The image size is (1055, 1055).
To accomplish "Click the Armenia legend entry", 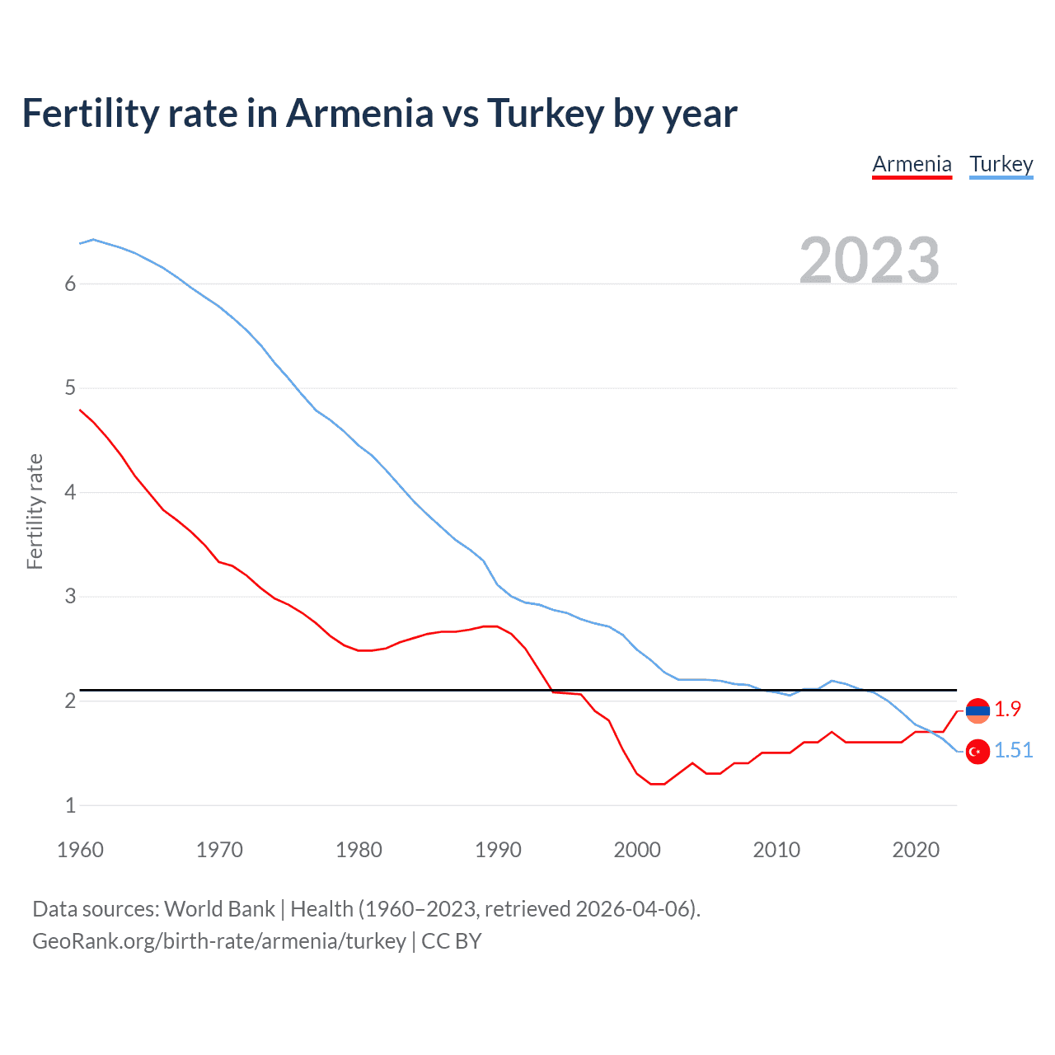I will [x=912, y=165].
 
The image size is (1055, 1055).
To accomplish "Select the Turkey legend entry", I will [x=1001, y=165].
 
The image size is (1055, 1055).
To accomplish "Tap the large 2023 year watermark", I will [x=870, y=260].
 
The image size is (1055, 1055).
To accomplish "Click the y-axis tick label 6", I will [x=70, y=284].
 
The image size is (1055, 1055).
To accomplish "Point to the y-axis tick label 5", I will [x=70, y=388].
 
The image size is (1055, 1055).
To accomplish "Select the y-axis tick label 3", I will [x=70, y=597].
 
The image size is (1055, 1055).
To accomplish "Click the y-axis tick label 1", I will [x=70, y=805].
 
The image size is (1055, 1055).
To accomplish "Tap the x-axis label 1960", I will [x=80, y=850].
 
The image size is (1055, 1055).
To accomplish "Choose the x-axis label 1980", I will [x=359, y=850].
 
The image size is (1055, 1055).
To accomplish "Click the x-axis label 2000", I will [x=637, y=850].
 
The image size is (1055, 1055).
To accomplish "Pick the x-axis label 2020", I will [x=916, y=850].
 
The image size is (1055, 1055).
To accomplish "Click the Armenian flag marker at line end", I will [x=978, y=710].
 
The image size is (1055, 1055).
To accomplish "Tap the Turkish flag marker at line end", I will [x=978, y=752].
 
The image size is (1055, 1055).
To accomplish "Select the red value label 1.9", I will [x=1007, y=709].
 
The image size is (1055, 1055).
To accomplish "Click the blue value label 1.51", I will [x=1013, y=750].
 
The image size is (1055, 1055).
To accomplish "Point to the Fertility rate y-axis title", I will [x=35, y=511].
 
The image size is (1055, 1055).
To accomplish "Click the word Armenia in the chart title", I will [x=359, y=114].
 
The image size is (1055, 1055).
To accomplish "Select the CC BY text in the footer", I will [x=451, y=941].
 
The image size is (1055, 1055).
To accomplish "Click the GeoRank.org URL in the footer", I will [x=218, y=941].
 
